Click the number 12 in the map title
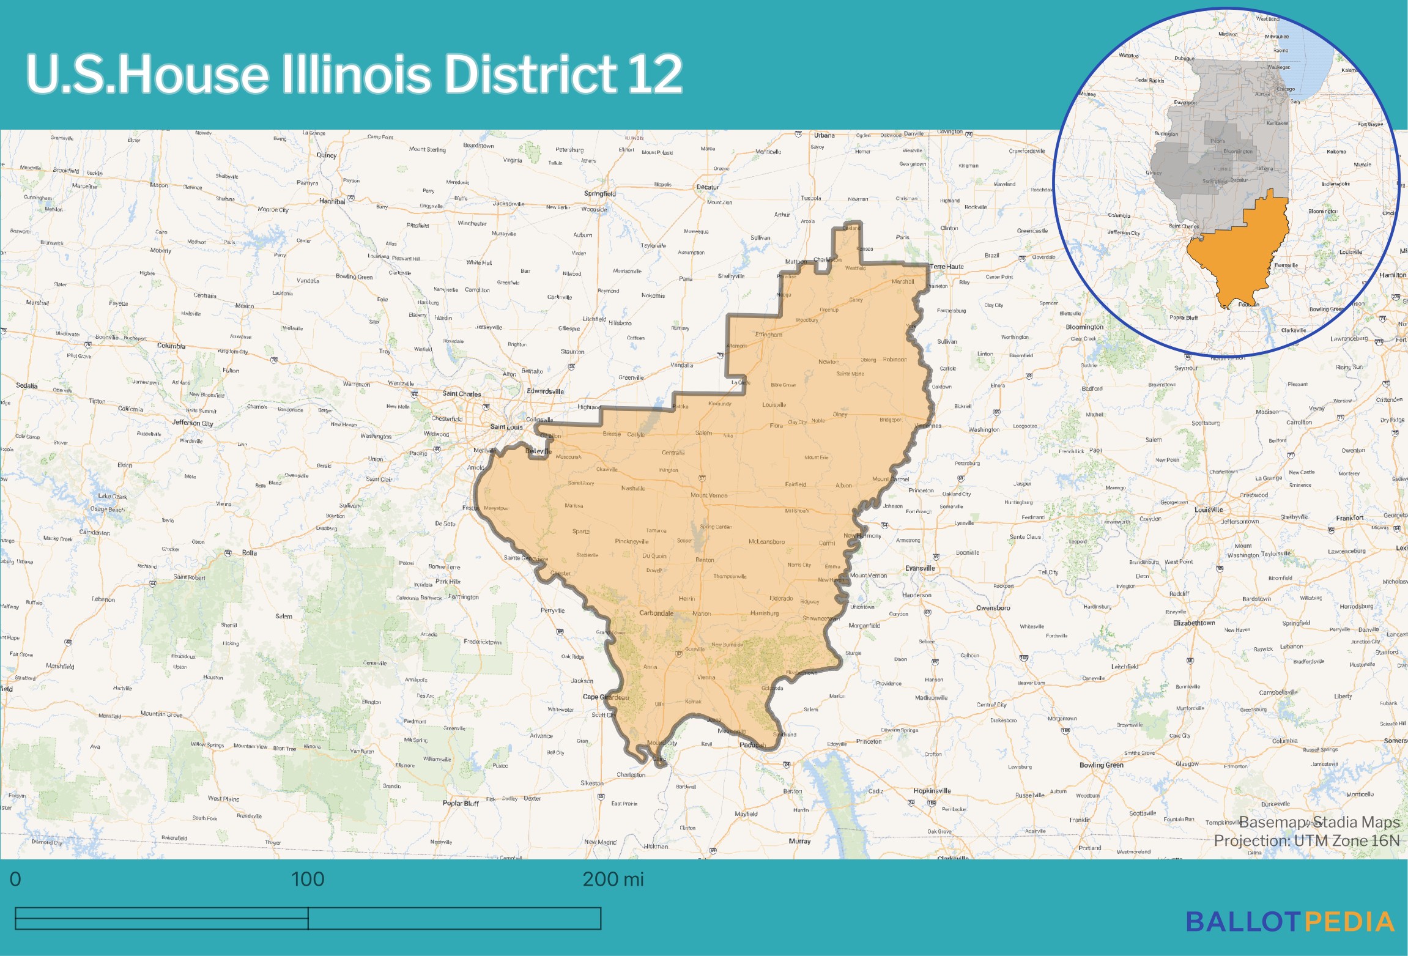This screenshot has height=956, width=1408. [x=654, y=74]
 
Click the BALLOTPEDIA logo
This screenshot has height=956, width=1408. [x=1290, y=921]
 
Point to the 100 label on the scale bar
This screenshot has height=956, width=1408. [x=307, y=879]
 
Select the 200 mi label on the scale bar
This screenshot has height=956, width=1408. [x=613, y=879]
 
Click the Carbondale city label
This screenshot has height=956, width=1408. [x=656, y=613]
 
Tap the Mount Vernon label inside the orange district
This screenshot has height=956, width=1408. [x=709, y=495]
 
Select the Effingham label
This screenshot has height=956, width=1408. [x=769, y=335]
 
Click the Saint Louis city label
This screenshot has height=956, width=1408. [x=506, y=427]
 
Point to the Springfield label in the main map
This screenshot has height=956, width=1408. [x=600, y=193]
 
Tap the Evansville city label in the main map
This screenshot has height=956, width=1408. [x=920, y=568]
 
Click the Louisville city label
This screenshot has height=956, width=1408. [x=1209, y=509]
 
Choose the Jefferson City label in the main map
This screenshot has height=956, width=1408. [x=193, y=423]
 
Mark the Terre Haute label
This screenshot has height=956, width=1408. [x=947, y=267]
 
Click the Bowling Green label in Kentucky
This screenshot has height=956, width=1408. [x=1101, y=765]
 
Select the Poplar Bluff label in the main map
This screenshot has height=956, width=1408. [x=461, y=803]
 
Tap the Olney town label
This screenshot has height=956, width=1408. [x=840, y=414]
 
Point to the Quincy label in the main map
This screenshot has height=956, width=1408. [x=327, y=155]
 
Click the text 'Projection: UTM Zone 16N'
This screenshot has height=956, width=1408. [x=1306, y=840]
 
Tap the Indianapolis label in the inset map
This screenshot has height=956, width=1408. [x=1336, y=183]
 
